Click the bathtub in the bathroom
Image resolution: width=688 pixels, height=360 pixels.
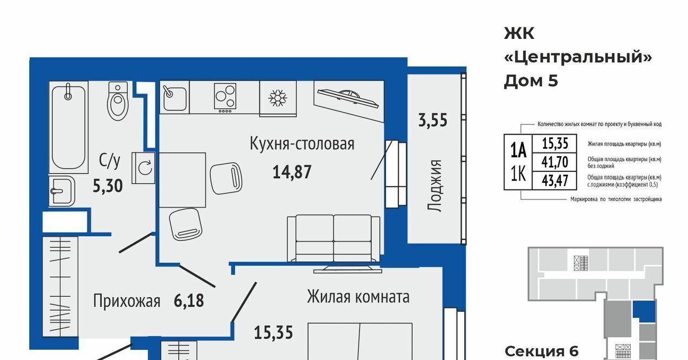[x=69, y=127]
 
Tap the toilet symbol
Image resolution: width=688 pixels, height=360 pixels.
[x=118, y=101]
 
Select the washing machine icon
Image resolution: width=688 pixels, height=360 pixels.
[x=143, y=168]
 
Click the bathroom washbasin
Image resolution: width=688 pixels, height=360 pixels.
[x=62, y=191]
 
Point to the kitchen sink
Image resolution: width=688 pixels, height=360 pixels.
[x=175, y=97]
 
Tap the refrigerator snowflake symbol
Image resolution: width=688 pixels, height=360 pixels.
[x=278, y=98]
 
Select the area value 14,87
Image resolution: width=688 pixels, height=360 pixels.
[x=292, y=172]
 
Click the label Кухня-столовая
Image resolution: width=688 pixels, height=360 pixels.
[x=302, y=144]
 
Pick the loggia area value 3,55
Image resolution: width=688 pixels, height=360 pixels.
[x=433, y=120]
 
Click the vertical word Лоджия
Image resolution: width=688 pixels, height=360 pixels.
[x=435, y=185]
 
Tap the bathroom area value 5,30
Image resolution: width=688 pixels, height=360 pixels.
[x=108, y=186]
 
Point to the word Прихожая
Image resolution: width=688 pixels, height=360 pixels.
[x=127, y=301]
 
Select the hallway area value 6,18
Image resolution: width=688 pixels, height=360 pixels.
[x=189, y=301]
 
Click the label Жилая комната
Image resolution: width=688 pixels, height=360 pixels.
[x=358, y=297]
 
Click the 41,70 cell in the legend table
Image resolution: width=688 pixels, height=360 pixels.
[x=555, y=162]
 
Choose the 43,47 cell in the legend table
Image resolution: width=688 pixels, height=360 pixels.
[x=555, y=181]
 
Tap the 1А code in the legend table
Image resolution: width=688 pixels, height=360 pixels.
[x=518, y=150]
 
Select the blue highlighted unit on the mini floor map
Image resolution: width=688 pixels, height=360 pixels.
[x=644, y=311]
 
